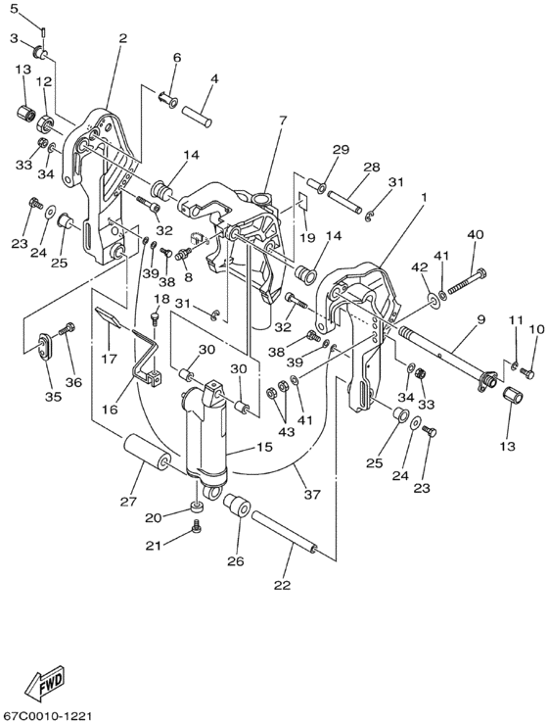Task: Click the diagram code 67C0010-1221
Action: click(x=46, y=716)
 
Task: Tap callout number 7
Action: click(x=282, y=121)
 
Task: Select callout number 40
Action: click(x=476, y=234)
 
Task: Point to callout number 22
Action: click(x=282, y=585)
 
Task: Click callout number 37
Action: click(x=312, y=495)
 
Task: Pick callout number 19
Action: click(x=306, y=237)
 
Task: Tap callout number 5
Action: click(x=14, y=8)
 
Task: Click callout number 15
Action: click(x=265, y=447)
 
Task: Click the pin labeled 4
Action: click(x=197, y=116)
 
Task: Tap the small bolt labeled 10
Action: click(x=527, y=372)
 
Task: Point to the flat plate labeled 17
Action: click(x=108, y=316)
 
